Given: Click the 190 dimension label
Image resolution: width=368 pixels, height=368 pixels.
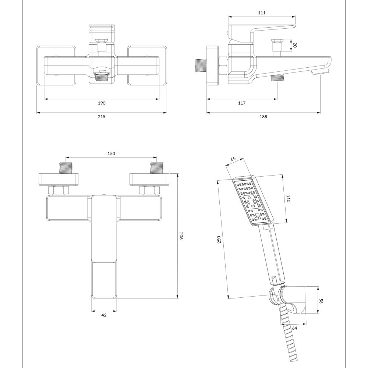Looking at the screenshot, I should click(102, 103).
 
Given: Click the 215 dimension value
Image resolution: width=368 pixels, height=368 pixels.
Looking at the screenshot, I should click(102, 117).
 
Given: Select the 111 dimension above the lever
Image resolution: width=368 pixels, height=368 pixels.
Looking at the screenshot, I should click(262, 13).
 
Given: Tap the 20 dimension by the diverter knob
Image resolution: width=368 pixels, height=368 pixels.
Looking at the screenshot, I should click(294, 45).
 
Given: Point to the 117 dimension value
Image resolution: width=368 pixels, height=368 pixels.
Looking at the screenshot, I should click(241, 103).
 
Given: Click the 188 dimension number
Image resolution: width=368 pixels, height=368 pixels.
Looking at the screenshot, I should click(263, 117).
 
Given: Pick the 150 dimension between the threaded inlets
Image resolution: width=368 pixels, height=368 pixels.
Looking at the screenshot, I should click(112, 154).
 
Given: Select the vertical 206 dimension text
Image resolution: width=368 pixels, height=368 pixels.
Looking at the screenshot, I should click(181, 236).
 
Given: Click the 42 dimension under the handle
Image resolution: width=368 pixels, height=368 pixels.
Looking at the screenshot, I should click(104, 315).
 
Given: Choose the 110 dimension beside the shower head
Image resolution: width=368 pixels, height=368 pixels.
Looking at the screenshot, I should click(288, 199).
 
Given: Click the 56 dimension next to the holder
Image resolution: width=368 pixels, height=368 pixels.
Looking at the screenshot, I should click(321, 300).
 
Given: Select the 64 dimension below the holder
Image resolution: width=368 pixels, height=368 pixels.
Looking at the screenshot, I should click(295, 328).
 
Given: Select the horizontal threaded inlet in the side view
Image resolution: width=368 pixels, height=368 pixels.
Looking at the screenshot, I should click(200, 66).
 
